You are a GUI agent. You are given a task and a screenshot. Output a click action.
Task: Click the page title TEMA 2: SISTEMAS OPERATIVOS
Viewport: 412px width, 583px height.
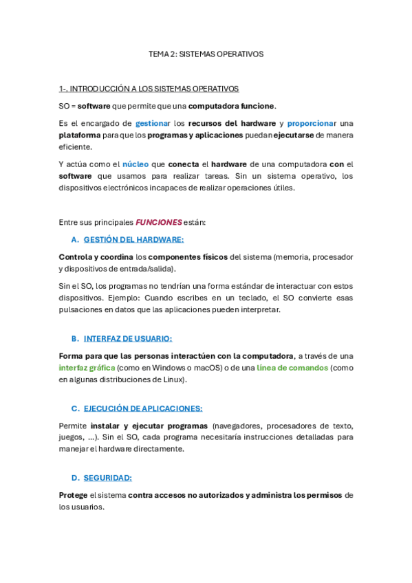(x=206, y=54)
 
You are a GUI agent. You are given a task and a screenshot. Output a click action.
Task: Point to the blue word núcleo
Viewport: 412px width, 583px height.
(x=135, y=164)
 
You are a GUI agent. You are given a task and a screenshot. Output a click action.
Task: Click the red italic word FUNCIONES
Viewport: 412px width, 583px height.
(x=159, y=222)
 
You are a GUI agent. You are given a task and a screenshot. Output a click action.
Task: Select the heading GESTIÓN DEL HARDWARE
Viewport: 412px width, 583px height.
(x=133, y=240)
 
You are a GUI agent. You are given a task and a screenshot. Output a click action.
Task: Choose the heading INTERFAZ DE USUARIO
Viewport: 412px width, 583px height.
(x=128, y=338)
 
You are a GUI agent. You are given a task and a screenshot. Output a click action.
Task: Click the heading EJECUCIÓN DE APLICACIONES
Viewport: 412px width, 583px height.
(x=143, y=408)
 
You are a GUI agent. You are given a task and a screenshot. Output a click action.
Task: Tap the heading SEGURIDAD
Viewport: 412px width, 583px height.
(x=107, y=478)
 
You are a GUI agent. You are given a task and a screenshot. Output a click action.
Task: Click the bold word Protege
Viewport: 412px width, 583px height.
(x=73, y=495)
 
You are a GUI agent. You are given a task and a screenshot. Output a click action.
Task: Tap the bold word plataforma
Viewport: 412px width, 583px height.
(x=79, y=135)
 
